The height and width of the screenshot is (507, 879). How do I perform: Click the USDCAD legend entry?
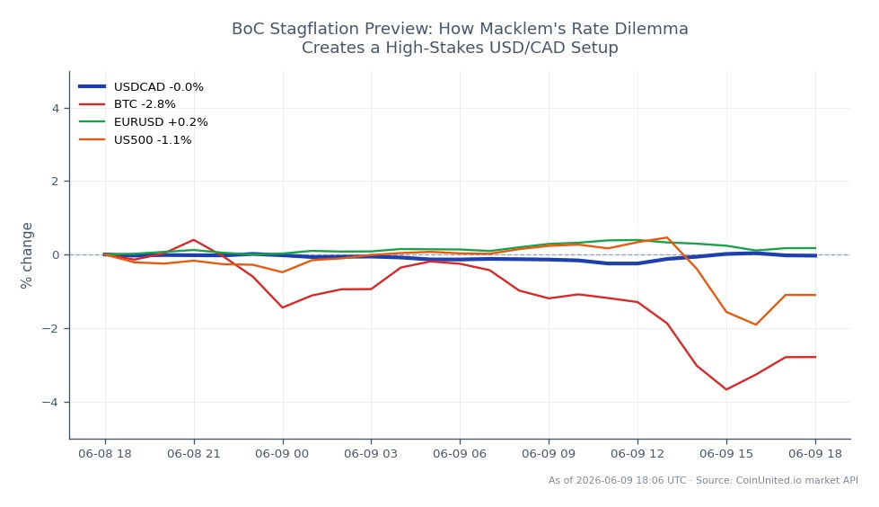[x=141, y=87]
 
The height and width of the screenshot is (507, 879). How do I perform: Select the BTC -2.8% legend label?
[x=145, y=104]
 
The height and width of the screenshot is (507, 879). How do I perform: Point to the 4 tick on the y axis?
[x=56, y=108]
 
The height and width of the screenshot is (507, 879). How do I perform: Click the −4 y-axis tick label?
[x=50, y=402]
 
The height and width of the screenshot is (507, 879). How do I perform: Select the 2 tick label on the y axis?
[x=56, y=182]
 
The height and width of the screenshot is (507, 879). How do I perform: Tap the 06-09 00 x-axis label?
[x=282, y=454]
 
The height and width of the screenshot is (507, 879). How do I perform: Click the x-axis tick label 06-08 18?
[x=105, y=454]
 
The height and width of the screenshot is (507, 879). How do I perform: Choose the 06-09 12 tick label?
[x=637, y=454]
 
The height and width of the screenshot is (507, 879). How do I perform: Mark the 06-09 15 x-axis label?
[x=726, y=454]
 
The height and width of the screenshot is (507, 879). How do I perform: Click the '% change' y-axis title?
[x=26, y=255]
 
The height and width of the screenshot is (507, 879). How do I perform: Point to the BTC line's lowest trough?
[x=726, y=389]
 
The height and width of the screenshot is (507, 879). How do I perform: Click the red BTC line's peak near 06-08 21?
[x=193, y=240]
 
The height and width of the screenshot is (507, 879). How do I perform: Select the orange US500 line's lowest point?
[x=756, y=325]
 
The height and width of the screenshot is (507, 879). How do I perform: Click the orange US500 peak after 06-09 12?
[x=667, y=237]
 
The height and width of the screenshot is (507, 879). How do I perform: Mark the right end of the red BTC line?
[x=815, y=357]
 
